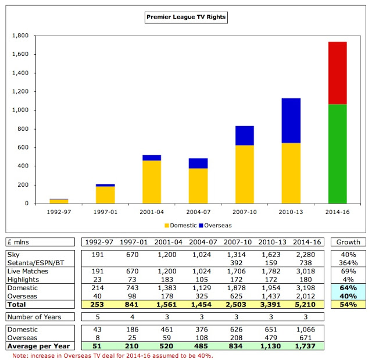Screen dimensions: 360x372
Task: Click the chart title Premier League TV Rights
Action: tap(185, 17)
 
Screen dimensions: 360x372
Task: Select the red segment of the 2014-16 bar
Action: tap(329, 73)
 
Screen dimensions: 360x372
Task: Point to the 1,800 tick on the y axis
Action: tap(21, 35)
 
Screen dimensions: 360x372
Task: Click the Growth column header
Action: tap(348, 242)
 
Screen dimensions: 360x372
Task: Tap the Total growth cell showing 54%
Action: tap(348, 304)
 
